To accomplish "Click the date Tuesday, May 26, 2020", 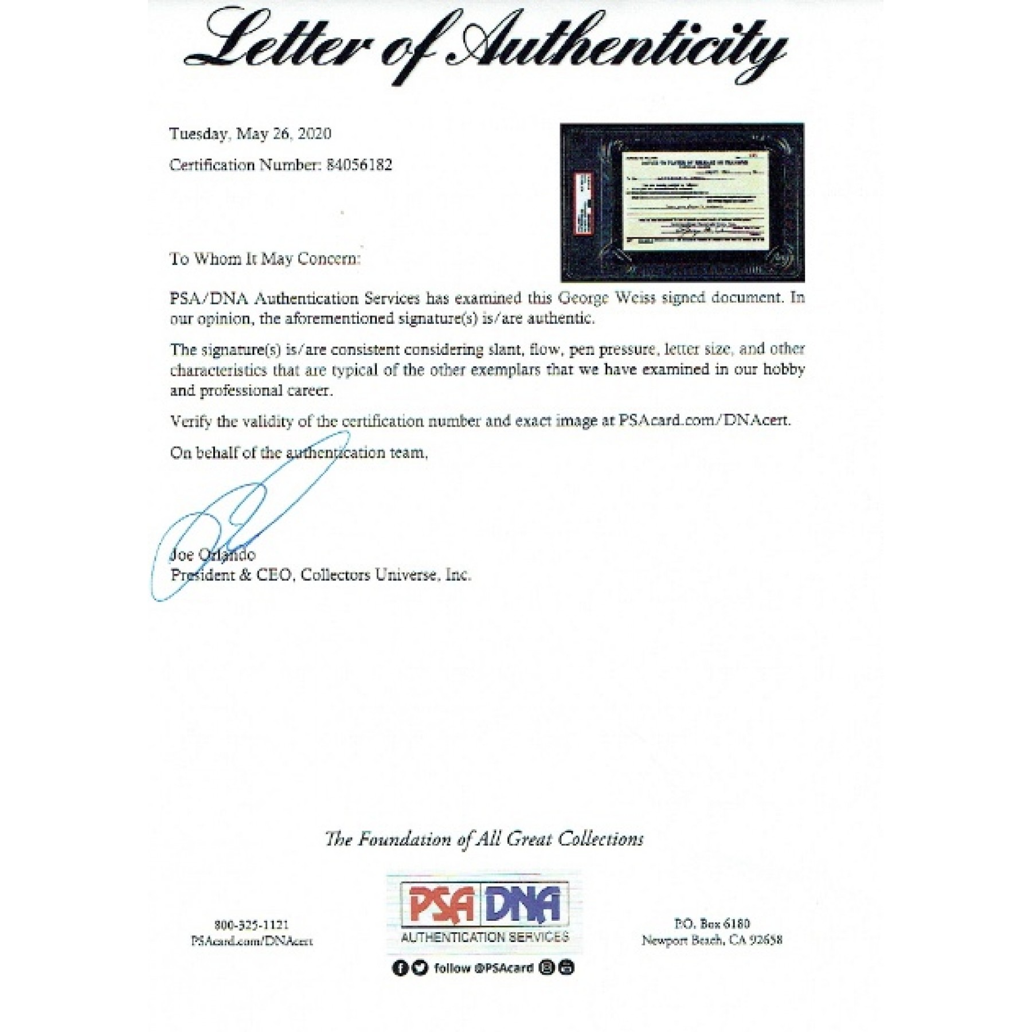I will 250,134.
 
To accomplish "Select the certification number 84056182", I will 359,165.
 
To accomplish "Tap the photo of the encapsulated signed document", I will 682,202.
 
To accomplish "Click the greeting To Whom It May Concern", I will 265,259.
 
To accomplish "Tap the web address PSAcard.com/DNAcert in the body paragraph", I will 704,420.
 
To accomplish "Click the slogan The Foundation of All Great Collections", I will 484,839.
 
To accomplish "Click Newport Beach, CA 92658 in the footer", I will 712,940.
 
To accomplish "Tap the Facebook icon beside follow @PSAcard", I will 400,968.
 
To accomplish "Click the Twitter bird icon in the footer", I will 420,968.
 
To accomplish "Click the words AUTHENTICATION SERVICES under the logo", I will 484,937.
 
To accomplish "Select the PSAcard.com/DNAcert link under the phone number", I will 252,941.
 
